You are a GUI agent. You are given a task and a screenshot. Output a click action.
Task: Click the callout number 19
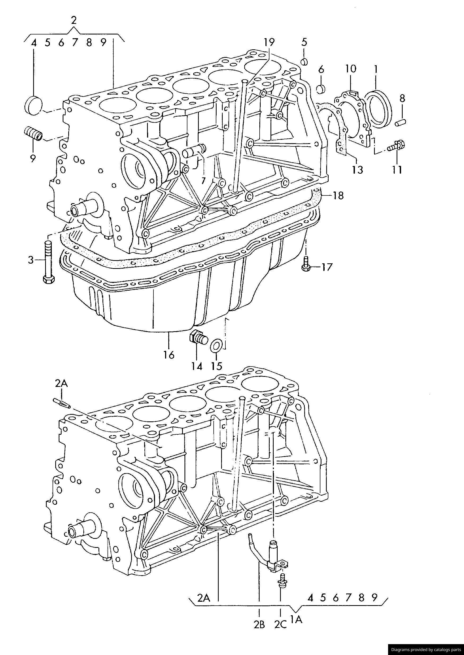point(269,42)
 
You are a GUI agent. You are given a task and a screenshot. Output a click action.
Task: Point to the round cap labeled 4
point(34,106)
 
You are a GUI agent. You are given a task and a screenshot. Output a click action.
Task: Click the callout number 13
point(358,169)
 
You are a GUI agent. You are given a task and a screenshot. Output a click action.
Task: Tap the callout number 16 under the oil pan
point(169,355)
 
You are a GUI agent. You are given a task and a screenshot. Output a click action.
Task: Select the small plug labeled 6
point(321,89)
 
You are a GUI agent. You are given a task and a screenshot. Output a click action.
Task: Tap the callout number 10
point(351,69)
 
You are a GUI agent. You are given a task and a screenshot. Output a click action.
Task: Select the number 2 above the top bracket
point(74,20)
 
